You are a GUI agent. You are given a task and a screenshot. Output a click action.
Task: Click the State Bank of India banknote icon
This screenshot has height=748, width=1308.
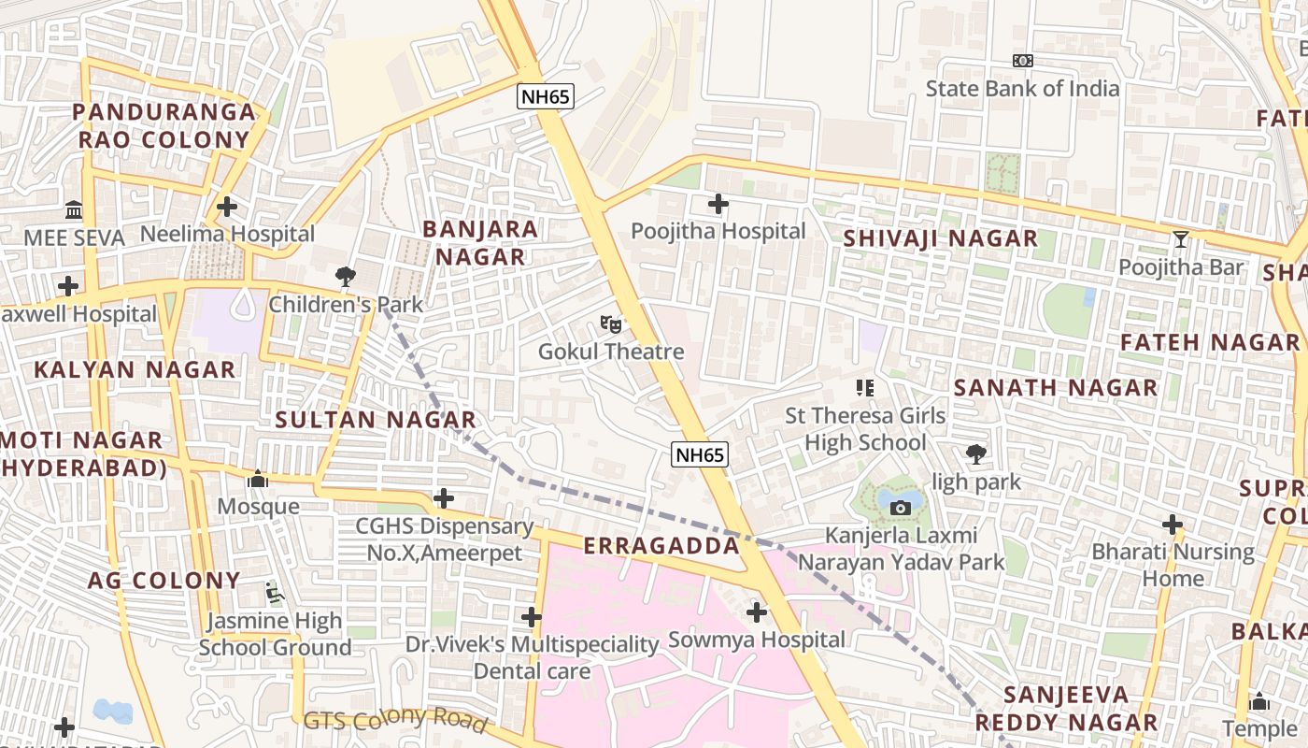[1023, 61]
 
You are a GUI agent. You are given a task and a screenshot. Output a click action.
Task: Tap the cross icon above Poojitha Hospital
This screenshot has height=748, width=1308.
[718, 203]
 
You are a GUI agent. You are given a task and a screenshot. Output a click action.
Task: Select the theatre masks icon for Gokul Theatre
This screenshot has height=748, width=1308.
[611, 324]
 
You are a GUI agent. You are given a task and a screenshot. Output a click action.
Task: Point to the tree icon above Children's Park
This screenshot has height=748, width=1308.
[346, 276]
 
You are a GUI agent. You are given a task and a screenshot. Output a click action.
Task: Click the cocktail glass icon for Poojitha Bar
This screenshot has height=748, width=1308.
[1181, 239]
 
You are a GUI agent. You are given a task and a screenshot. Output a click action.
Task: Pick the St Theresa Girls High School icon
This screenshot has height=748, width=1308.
[865, 387]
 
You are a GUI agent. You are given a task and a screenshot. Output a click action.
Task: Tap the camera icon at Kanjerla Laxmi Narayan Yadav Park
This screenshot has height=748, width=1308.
[901, 508]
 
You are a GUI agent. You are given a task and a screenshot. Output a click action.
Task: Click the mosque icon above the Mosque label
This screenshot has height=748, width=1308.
[258, 480]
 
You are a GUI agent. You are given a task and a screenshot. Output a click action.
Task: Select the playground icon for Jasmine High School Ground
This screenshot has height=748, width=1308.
[274, 592]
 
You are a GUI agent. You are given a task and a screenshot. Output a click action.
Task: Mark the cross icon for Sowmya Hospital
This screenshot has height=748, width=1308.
[757, 612]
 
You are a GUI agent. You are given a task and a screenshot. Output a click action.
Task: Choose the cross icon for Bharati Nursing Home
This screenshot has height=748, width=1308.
[1173, 524]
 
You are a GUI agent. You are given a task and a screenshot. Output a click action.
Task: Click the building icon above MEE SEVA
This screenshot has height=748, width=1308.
[74, 209]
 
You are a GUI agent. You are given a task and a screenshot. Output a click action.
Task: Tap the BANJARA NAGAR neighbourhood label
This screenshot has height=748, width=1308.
[479, 242]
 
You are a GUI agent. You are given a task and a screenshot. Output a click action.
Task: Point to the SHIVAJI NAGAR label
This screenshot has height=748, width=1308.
[940, 238]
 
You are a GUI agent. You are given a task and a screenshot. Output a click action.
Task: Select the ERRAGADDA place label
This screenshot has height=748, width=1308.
[661, 546]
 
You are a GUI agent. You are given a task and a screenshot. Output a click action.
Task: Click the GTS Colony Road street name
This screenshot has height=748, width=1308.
[395, 719]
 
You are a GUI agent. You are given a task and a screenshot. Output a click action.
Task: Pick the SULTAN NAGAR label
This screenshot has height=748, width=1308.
[376, 420]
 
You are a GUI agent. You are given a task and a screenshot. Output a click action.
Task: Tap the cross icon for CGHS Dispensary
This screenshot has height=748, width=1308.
[444, 498]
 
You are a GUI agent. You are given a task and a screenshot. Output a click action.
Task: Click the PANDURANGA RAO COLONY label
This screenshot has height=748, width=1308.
[163, 126]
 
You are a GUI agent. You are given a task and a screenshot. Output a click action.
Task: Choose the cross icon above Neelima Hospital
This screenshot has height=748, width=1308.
[227, 206]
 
